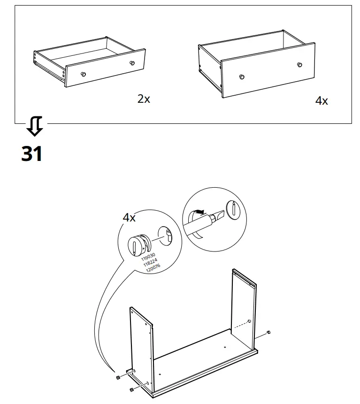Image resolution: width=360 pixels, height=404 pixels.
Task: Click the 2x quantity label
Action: click(144, 99)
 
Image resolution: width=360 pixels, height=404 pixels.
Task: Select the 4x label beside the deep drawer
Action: click(321, 101)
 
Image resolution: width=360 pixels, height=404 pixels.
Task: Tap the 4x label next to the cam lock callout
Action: click(129, 218)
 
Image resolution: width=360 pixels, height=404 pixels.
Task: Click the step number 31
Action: click(32, 154)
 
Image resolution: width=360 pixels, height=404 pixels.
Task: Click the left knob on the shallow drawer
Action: click(83, 74)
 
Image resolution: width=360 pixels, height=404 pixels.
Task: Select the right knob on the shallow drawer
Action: click(131, 63)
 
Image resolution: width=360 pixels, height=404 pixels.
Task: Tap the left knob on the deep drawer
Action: click(242, 76)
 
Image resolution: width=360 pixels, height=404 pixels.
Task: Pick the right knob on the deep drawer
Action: click(299, 64)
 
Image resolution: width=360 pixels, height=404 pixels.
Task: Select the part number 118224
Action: click(149, 263)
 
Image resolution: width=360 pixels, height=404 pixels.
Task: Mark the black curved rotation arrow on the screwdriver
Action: click(199, 212)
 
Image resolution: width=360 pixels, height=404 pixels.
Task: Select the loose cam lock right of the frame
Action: click(268, 332)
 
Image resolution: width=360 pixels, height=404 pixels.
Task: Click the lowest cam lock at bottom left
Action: click(131, 390)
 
